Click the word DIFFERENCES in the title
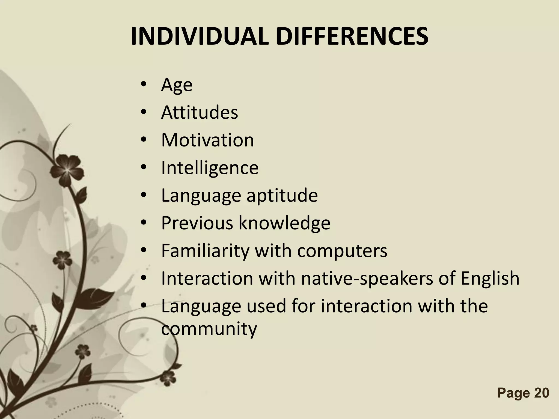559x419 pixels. (x=352, y=37)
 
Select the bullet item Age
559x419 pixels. (x=177, y=85)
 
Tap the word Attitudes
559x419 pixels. (x=199, y=112)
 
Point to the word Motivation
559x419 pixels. (x=207, y=140)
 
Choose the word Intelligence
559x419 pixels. (x=210, y=168)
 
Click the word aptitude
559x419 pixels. (x=282, y=196)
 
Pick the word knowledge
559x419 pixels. (x=284, y=223)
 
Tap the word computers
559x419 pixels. (x=342, y=251)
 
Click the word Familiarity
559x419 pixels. (x=205, y=251)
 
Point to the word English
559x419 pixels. (x=490, y=278)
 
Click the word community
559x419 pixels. (x=209, y=329)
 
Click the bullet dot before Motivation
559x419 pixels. (x=144, y=140)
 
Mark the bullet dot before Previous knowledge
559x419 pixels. (x=144, y=223)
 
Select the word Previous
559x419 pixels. (x=197, y=223)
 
